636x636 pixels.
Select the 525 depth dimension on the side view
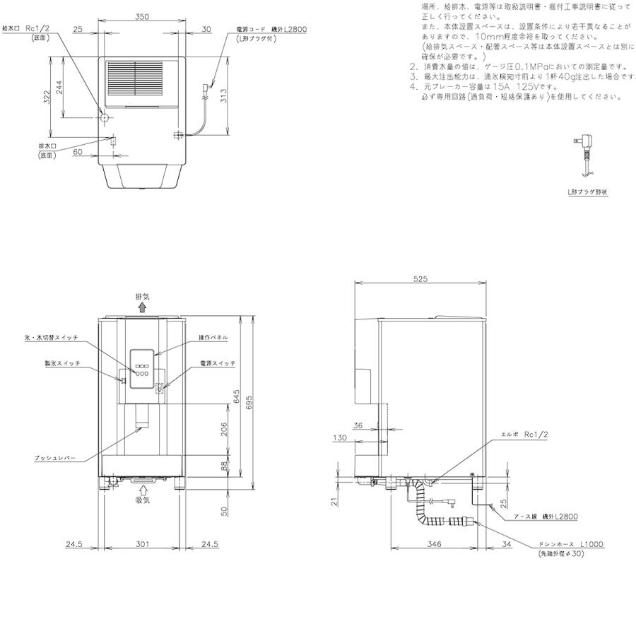pos(421,278)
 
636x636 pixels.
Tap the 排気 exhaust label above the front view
pos(143,298)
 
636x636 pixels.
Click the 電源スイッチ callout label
pos(217,363)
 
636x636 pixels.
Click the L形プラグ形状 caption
pos(588,192)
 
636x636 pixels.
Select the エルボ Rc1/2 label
pos(525,436)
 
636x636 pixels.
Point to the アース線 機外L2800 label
pos(548,517)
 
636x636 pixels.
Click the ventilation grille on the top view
pos(134,83)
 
